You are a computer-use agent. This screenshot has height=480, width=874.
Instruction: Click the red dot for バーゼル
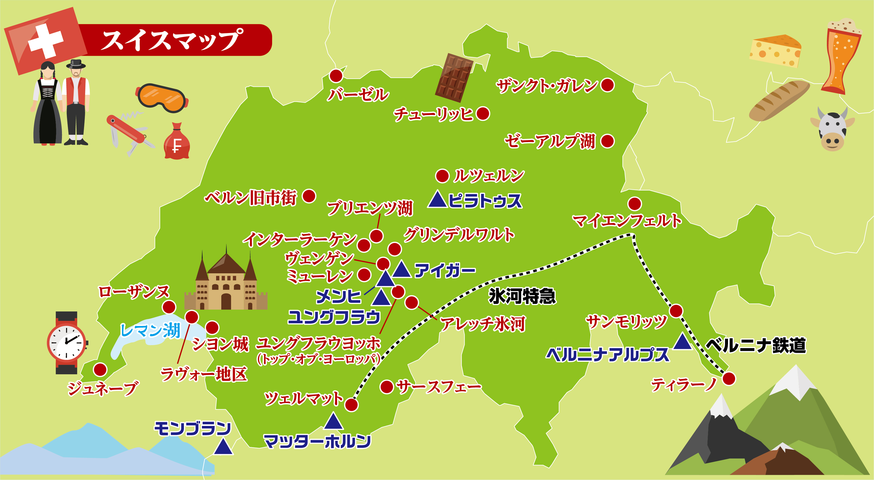click(336, 76)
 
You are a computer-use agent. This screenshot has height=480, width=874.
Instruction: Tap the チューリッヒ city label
click(433, 114)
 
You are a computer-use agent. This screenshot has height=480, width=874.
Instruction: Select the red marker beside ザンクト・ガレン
click(607, 85)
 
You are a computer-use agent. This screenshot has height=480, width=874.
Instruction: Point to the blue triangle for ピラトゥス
click(437, 200)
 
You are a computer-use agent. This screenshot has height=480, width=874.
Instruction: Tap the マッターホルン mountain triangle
click(333, 421)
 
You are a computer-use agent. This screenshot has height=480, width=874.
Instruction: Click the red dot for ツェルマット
click(351, 405)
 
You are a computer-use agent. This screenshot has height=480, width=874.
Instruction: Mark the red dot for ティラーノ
click(729, 378)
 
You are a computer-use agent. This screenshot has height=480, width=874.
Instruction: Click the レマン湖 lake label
click(150, 330)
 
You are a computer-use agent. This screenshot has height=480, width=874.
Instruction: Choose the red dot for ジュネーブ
click(100, 369)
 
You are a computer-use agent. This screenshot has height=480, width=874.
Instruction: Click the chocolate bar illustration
click(454, 78)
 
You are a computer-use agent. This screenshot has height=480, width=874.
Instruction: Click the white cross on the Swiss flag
click(46, 41)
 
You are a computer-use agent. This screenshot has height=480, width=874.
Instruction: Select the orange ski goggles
click(162, 98)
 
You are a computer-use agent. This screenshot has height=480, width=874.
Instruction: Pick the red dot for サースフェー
click(386, 387)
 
